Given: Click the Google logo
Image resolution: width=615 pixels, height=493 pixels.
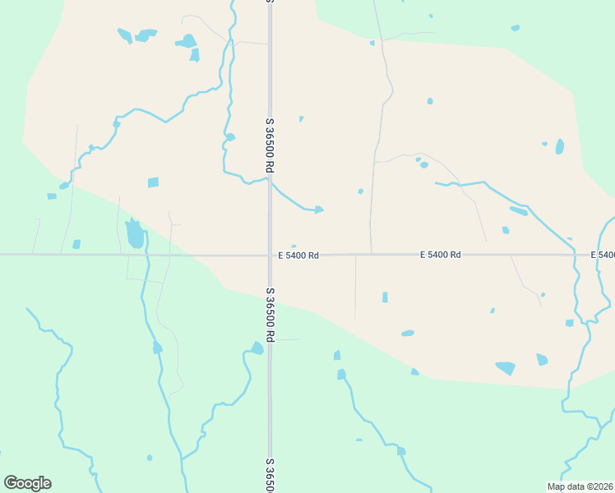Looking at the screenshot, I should pyautogui.click(x=27, y=483).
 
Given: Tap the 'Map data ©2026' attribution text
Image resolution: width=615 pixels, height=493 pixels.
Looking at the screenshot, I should pyautogui.click(x=580, y=486).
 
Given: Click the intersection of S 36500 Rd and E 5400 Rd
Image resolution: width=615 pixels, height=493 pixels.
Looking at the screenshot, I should pyautogui.click(x=270, y=255).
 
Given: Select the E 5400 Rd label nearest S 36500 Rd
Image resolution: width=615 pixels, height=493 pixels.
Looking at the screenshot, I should pyautogui.click(x=298, y=256).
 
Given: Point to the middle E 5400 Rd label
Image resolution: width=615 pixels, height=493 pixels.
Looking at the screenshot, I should pyautogui.click(x=440, y=255).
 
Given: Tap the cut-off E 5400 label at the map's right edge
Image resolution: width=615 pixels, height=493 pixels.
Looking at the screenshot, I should pyautogui.click(x=603, y=255).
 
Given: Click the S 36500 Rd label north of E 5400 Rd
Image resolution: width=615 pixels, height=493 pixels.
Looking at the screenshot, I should pyautogui.click(x=270, y=145).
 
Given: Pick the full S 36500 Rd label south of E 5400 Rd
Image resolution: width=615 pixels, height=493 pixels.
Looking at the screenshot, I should pyautogui.click(x=270, y=315).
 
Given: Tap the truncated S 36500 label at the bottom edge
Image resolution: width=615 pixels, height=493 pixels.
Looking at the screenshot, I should pyautogui.click(x=270, y=476).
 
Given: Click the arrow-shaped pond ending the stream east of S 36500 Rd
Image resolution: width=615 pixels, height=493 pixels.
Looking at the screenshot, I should pyautogui.click(x=318, y=210).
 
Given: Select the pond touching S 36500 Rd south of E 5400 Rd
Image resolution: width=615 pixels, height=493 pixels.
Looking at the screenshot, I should pyautogui.click(x=257, y=348).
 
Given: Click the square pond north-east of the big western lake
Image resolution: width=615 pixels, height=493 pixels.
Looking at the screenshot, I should pyautogui.click(x=153, y=182).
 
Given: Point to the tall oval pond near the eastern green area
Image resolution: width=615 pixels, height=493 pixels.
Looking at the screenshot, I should pyautogui.click(x=560, y=146).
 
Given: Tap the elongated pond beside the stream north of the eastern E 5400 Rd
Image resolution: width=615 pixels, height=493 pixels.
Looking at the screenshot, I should pyautogui.click(x=518, y=211).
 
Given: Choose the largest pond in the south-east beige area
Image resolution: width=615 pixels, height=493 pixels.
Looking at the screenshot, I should pyautogui.click(x=505, y=367).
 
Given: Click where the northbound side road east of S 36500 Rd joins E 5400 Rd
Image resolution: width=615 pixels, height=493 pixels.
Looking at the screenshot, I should pyautogui.click(x=371, y=254).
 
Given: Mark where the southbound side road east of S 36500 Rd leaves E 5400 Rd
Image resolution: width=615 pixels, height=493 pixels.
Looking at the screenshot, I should pyautogui.click(x=355, y=256).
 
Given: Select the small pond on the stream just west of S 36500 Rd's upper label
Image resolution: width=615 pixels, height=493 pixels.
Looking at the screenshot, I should pyautogui.click(x=230, y=137).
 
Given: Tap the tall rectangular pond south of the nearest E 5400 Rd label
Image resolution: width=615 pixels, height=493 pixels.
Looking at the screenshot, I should pyautogui.click(x=385, y=297).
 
